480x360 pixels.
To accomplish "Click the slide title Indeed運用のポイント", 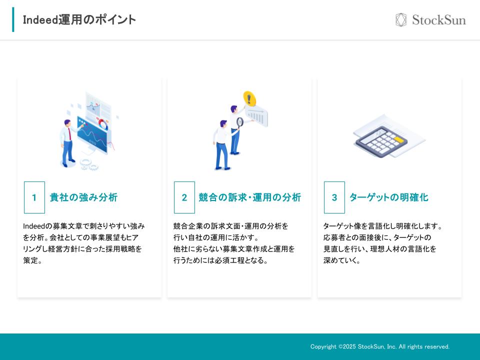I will click(x=79, y=20).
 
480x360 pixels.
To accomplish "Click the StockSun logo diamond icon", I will click(x=401, y=20).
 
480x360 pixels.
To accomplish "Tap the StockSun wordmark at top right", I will click(x=438, y=20).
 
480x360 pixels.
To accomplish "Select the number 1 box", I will click(x=34, y=197).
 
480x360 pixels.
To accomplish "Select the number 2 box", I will click(x=184, y=197).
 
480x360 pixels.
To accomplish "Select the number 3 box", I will click(x=334, y=197).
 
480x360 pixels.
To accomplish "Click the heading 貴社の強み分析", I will click(x=83, y=197).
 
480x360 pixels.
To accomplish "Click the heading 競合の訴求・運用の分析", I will click(x=250, y=197).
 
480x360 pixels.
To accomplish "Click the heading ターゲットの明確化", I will click(x=388, y=197).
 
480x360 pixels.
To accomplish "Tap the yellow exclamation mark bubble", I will click(x=249, y=98).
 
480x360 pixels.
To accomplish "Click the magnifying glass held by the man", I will click(x=240, y=121).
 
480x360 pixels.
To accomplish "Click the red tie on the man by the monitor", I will click(x=69, y=133).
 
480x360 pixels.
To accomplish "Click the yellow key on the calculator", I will click(x=398, y=139).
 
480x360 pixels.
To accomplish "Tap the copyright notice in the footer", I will click(x=380, y=346).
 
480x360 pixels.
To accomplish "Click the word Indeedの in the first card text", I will click(x=37, y=226).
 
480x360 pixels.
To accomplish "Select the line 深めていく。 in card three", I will click(x=341, y=260).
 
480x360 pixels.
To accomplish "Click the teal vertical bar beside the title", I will click(x=13, y=20).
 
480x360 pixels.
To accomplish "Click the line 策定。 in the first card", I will click(x=32, y=260).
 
